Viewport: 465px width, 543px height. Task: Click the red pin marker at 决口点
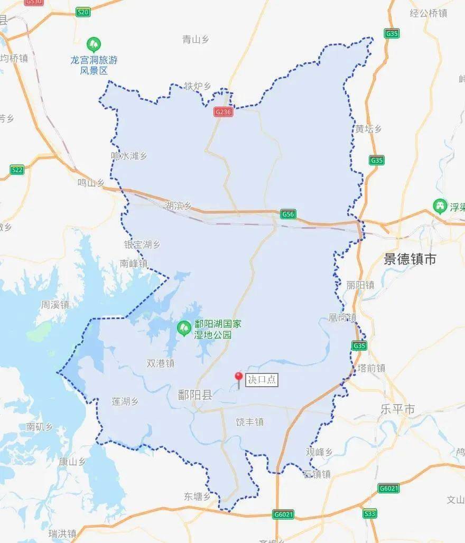coord(239,377)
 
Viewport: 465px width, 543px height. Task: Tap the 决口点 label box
coord(262,380)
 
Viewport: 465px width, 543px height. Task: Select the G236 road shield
coord(224,112)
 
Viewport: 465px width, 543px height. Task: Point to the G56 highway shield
coord(288,214)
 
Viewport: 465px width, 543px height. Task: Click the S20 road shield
coord(83,12)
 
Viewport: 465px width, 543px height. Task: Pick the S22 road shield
coord(17,170)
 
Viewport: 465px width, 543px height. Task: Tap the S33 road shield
coord(370,513)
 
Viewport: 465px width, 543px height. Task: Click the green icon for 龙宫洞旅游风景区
coord(94,43)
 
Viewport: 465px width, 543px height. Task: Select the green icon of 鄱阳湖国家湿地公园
coord(184,329)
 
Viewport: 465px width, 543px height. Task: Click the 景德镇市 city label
coord(410,259)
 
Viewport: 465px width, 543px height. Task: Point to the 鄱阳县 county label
coord(195,395)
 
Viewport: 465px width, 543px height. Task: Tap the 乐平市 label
coord(397,409)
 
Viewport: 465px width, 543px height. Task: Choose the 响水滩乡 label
coord(129,156)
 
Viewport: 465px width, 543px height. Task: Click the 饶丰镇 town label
coord(249,422)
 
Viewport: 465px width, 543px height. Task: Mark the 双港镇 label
coord(161,363)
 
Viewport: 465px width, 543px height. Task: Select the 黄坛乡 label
coord(368,129)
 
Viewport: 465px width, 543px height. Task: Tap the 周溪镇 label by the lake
coord(55,305)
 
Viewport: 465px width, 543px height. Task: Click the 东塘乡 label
coord(197,497)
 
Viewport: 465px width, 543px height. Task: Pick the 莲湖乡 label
coord(125,401)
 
